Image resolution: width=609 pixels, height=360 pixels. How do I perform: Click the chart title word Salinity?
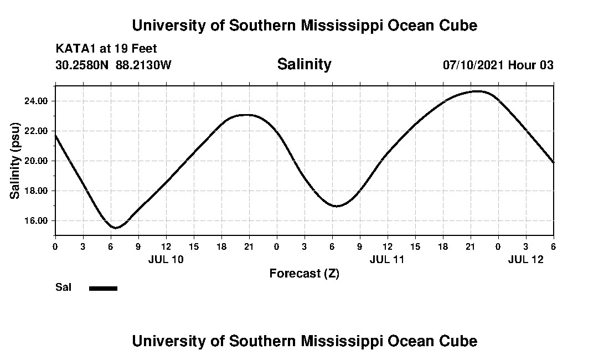coord(304,64)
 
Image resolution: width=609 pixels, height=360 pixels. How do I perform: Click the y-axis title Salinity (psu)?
coord(16,160)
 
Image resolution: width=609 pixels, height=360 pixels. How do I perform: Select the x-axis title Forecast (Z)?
coord(304,273)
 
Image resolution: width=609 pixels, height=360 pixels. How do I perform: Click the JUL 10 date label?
coord(166,259)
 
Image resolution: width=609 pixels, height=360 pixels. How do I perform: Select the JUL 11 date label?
coord(387,259)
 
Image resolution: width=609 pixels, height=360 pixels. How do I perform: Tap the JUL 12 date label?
coord(525,259)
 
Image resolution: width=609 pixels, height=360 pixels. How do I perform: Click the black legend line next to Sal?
coord(103,288)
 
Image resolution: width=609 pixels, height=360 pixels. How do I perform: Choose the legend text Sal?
coord(64,287)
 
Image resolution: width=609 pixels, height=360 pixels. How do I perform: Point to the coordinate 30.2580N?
coord(82,65)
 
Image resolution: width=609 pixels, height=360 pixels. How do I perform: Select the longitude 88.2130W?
coord(144,65)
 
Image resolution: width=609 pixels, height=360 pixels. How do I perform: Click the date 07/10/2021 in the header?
coord(473,65)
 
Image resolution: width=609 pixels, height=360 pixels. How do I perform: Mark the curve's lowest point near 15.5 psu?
coord(115,228)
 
